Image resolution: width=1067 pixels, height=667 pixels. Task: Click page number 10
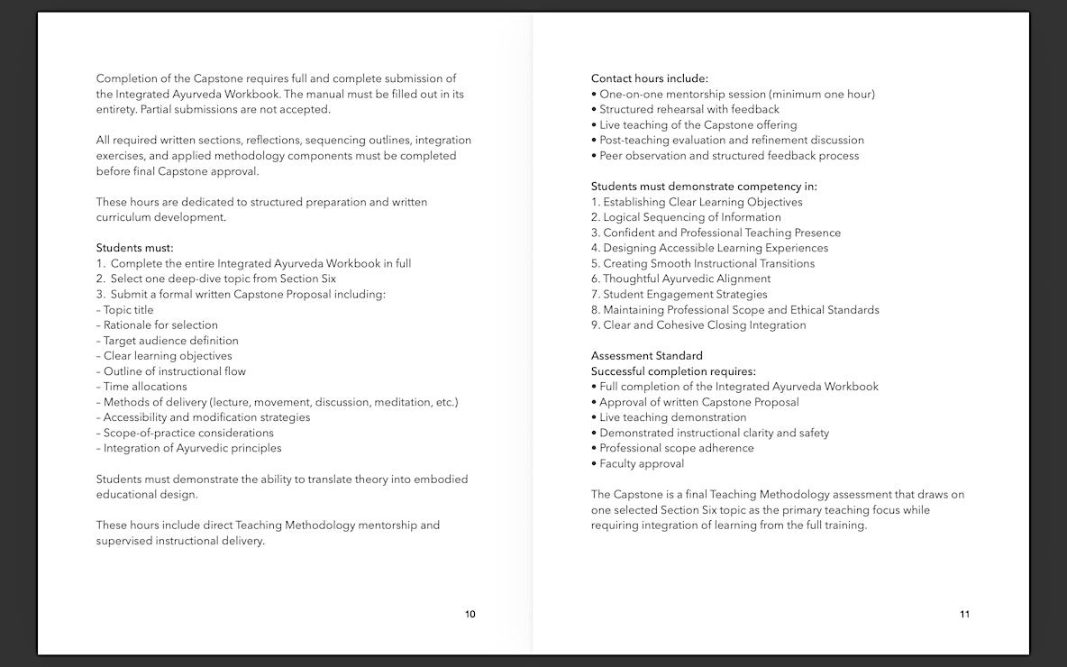pyautogui.click(x=470, y=615)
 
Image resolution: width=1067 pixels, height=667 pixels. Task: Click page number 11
pyautogui.click(x=964, y=615)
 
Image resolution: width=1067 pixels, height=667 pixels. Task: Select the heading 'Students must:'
pyautogui.click(x=134, y=248)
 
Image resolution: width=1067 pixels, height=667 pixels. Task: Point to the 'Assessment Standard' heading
pyautogui.click(x=646, y=356)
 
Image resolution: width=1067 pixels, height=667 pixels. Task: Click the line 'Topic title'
pyautogui.click(x=128, y=310)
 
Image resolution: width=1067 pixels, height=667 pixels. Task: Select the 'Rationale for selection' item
pyautogui.click(x=160, y=325)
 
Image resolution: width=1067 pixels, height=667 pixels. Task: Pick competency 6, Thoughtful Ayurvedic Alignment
pyautogui.click(x=680, y=279)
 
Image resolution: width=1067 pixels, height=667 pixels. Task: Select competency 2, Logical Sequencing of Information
pyautogui.click(x=686, y=217)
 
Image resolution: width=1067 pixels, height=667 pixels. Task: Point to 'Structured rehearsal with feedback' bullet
pyautogui.click(x=689, y=110)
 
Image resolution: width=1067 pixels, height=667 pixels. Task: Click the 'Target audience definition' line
pyautogui.click(x=170, y=341)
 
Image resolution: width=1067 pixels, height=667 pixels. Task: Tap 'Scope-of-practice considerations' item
pyautogui.click(x=188, y=433)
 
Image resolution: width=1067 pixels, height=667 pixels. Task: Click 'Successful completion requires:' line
pyautogui.click(x=673, y=371)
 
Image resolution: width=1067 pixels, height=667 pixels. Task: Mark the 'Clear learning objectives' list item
pyautogui.click(x=168, y=356)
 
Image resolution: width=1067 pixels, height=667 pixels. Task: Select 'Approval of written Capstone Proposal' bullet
pyautogui.click(x=698, y=402)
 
